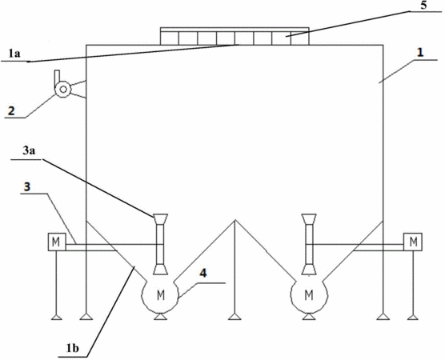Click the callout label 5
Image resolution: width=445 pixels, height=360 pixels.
(x=423, y=6)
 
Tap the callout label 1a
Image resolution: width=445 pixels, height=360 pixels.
(x=14, y=54)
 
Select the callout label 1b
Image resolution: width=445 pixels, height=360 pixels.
(x=72, y=348)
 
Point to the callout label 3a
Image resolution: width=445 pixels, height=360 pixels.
(x=29, y=151)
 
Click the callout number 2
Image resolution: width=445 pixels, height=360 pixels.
(x=11, y=110)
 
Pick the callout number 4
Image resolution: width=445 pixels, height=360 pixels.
(x=203, y=274)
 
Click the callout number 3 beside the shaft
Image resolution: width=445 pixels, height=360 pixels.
(x=26, y=187)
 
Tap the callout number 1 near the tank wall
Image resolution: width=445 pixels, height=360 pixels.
(x=419, y=53)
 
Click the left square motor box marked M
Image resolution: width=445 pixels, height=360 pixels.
(x=57, y=242)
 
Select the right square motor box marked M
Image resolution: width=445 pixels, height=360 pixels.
(x=413, y=242)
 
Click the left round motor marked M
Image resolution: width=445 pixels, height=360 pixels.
(x=160, y=296)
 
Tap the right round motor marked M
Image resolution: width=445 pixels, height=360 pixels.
(x=309, y=296)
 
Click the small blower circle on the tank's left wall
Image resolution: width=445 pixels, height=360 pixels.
(x=63, y=90)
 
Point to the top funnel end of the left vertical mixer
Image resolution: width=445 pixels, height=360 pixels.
(x=160, y=218)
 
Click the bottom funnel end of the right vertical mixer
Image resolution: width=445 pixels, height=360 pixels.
(x=309, y=270)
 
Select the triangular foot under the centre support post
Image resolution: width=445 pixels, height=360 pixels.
(x=235, y=317)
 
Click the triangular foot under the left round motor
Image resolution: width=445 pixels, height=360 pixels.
(x=160, y=317)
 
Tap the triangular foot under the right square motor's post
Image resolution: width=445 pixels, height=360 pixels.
(x=413, y=317)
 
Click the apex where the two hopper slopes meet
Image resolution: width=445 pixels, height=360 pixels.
(x=235, y=220)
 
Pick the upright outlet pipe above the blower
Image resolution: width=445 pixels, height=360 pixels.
(x=57, y=78)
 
